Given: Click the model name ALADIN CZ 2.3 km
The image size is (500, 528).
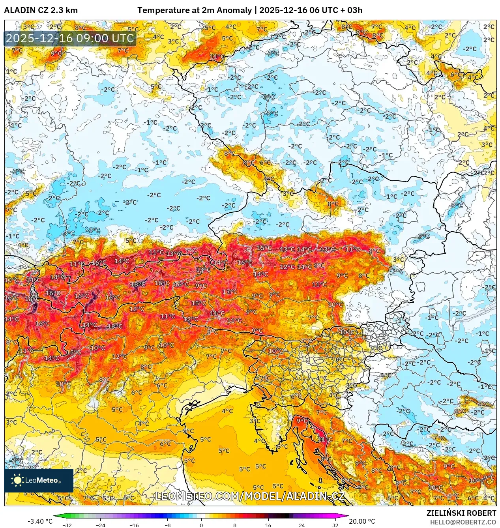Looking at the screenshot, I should pos(41,10).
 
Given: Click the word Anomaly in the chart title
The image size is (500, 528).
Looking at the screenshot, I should pos(234,10).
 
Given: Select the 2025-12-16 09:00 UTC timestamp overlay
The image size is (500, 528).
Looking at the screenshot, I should pos(70,39).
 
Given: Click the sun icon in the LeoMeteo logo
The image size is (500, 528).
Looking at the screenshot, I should pos(17,480).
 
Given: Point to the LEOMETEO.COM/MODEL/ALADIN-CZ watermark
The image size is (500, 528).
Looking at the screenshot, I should pos(250,496).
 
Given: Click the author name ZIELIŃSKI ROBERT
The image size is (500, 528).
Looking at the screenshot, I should pos(461,513).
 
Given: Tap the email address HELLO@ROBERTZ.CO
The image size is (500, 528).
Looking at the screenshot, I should pos(463,522).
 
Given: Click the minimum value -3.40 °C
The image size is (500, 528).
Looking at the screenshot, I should pos(40,521).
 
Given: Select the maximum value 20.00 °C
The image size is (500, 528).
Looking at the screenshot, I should pos(362,521).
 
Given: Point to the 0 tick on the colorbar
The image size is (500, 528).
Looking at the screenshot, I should pos(201,525).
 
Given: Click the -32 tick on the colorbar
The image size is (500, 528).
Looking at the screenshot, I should pos(67,525).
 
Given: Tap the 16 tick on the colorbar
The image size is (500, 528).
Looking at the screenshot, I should pos(268,525).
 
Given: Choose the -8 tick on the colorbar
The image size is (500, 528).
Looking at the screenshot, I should pos(168,525).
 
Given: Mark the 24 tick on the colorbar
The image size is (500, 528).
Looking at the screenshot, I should pos(302,525).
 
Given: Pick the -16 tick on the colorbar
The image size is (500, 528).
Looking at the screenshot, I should pos(134,525).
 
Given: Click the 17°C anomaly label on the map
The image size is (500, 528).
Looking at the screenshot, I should pos(230,292).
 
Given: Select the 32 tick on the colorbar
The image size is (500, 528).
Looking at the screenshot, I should pos(335,525).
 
